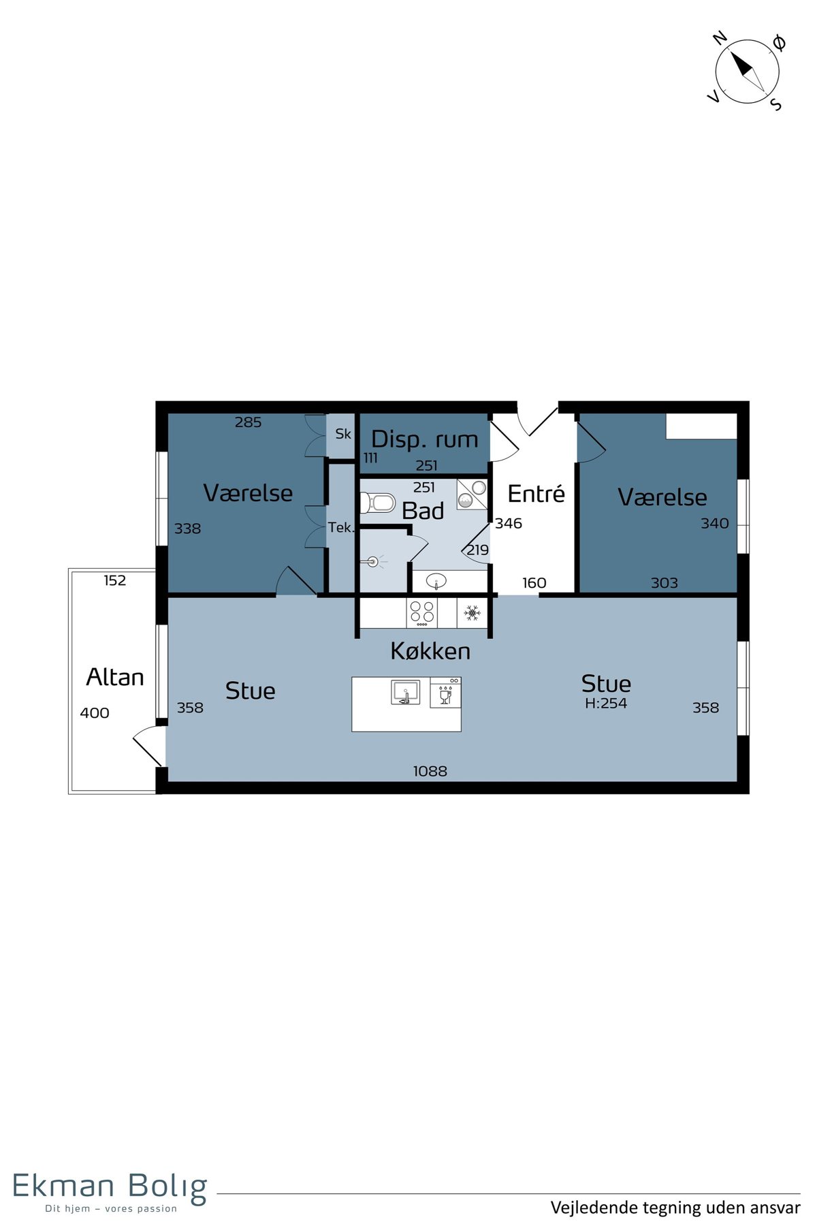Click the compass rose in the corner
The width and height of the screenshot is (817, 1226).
[747, 71]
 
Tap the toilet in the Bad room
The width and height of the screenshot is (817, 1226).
[378, 503]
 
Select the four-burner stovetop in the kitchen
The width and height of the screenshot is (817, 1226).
[422, 613]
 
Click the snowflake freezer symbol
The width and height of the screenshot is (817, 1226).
[472, 614]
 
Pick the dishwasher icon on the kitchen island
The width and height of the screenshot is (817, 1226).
[445, 693]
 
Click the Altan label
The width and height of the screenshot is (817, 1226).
[115, 677]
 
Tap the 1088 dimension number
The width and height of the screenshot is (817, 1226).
[430, 771]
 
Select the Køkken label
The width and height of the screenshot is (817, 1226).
[430, 651]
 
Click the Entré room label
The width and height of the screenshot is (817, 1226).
[536, 493]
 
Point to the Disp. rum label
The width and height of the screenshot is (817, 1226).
[425, 439]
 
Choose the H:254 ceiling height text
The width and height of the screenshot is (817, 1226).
[606, 704]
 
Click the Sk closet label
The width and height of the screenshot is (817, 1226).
[343, 434]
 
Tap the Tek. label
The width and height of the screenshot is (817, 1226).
[341, 527]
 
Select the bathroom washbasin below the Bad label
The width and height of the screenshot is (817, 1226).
[436, 581]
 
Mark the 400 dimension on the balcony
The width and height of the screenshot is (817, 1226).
[95, 713]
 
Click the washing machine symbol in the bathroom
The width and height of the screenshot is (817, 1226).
[472, 494]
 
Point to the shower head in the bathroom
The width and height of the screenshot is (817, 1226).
[372, 562]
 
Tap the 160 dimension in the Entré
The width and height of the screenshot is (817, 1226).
[534, 583]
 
